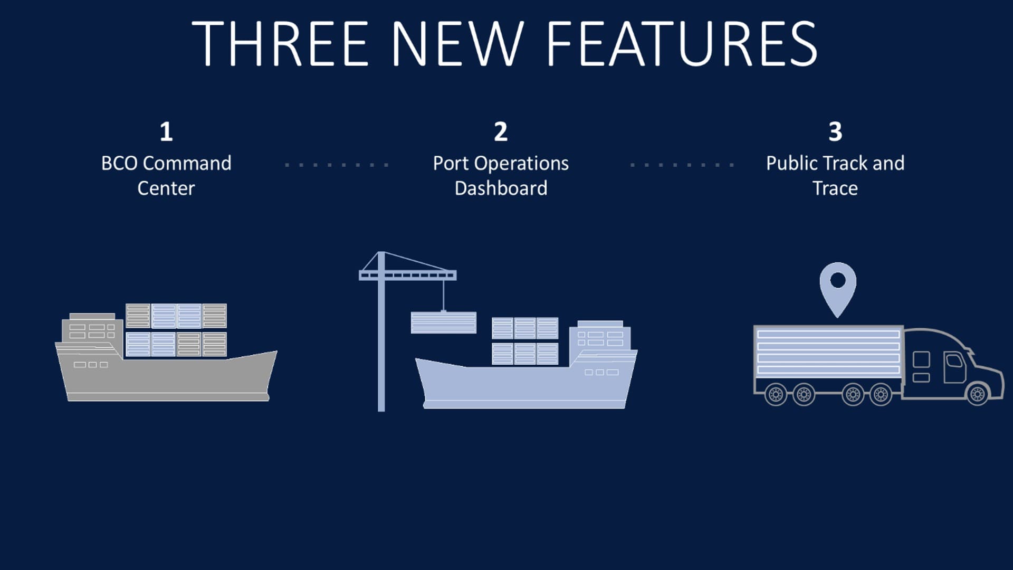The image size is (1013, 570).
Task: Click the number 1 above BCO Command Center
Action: click(x=166, y=131)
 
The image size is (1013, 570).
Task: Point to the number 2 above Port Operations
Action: click(x=501, y=131)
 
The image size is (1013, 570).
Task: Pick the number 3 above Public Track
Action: click(x=835, y=131)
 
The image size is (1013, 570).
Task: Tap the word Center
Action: click(x=166, y=188)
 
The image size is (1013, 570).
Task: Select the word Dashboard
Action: click(x=501, y=188)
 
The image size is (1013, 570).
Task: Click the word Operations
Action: click(x=521, y=164)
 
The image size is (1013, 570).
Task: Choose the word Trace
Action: click(x=835, y=188)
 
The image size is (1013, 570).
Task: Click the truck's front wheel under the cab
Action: click(x=977, y=394)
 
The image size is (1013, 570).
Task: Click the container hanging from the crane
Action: click(x=443, y=322)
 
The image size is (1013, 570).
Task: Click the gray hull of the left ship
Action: click(x=167, y=376)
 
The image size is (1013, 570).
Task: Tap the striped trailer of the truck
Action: click(x=828, y=353)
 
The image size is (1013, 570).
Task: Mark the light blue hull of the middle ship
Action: click(x=525, y=382)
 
